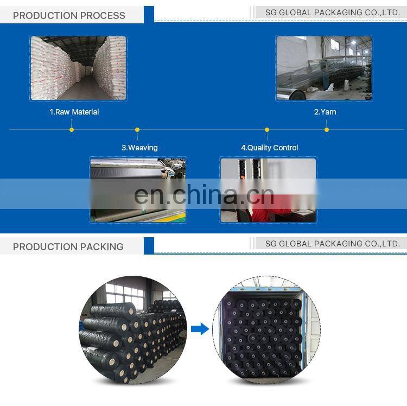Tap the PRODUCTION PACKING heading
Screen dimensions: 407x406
pyautogui.click(x=68, y=247)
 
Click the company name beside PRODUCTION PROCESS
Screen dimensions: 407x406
pyautogui.click(x=333, y=12)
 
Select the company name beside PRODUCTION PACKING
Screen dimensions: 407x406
pyautogui.click(x=333, y=244)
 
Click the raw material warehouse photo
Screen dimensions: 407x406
pyautogui.click(x=78, y=68)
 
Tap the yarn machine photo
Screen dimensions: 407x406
pyautogui.click(x=324, y=68)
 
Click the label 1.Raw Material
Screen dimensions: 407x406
pyautogui.click(x=74, y=112)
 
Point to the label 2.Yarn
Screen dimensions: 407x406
pyautogui.click(x=325, y=112)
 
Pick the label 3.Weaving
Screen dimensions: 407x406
pyautogui.click(x=139, y=148)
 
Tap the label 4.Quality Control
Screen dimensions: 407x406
pyautogui.click(x=270, y=148)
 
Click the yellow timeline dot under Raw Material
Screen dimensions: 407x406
pyautogui.click(x=72, y=130)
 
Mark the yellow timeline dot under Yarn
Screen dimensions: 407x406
pyautogui.click(x=327, y=130)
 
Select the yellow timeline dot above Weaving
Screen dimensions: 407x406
pyautogui.click(x=137, y=130)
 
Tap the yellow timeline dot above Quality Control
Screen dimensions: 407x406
pyautogui.click(x=267, y=130)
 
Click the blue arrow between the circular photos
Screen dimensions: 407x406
pyautogui.click(x=200, y=328)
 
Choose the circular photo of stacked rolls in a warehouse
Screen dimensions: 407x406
pyautogui.click(x=133, y=329)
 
